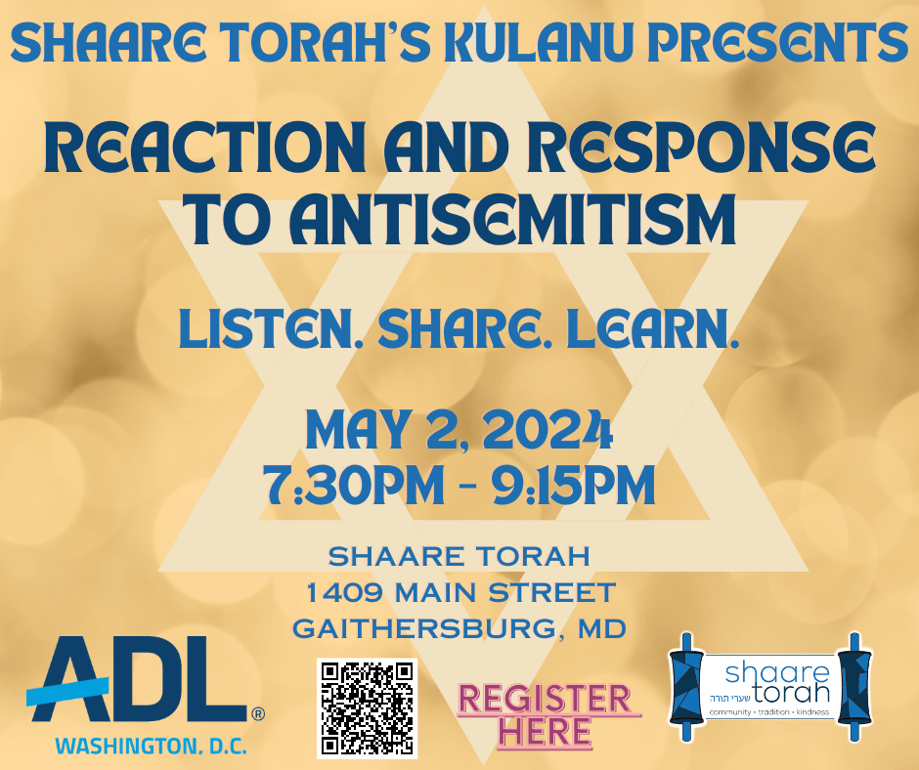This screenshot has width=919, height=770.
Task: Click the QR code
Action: [x=367, y=707]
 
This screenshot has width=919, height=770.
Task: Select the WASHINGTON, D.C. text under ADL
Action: [x=152, y=746]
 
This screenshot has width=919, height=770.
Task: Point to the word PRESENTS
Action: [x=777, y=43]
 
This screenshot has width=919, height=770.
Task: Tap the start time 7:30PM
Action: [x=353, y=486]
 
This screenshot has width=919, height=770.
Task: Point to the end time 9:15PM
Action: [x=573, y=486]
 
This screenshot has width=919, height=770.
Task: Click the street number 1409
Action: [x=344, y=592]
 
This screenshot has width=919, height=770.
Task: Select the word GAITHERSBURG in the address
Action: [x=423, y=628]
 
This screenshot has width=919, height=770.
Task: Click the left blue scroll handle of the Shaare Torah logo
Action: [x=686, y=687]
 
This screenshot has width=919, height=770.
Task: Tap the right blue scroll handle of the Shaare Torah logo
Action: [x=855, y=687]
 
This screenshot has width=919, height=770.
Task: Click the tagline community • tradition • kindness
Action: [x=769, y=712]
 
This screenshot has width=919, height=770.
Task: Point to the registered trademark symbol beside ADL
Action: [x=258, y=714]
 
